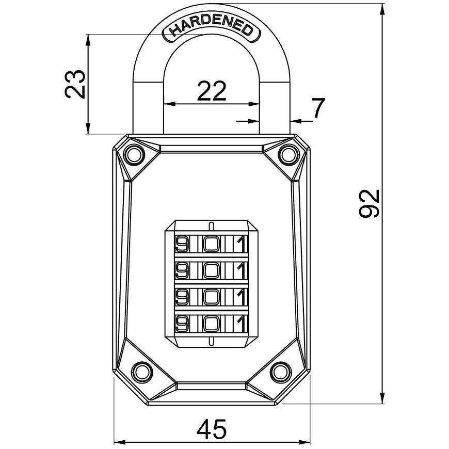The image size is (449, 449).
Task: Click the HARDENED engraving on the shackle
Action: tap(212, 29)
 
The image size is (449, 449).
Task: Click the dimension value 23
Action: tap(75, 84)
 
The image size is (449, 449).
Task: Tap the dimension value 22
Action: tap(212, 91)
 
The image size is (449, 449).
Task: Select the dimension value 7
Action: tap(318, 108)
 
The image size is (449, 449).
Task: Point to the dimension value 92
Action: tap(369, 203)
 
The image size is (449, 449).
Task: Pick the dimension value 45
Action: tap(212, 429)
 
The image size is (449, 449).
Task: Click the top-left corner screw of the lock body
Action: tap(134, 155)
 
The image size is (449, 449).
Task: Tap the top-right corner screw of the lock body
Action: tap(289, 155)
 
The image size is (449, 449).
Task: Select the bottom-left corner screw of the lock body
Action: tap(142, 372)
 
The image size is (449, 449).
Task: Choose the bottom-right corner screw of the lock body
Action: tap(281, 372)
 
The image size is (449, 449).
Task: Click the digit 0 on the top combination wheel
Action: tap(212, 244)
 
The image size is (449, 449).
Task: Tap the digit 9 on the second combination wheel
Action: tap(182, 270)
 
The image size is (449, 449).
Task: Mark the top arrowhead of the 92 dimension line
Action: tap(382, 9)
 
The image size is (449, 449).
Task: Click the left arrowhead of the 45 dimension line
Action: tap(120, 442)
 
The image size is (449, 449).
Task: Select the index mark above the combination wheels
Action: tap(211, 226)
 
